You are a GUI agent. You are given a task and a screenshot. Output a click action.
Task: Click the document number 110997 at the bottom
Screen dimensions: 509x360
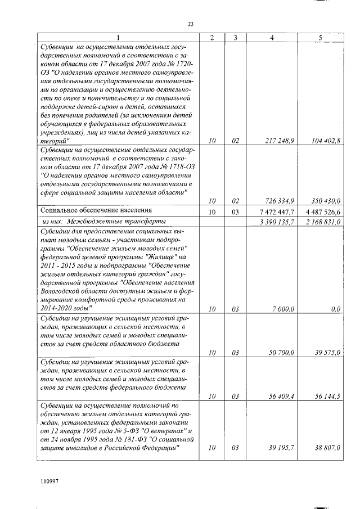point(49,482)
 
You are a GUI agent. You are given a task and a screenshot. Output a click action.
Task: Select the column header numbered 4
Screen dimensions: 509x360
point(272,38)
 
